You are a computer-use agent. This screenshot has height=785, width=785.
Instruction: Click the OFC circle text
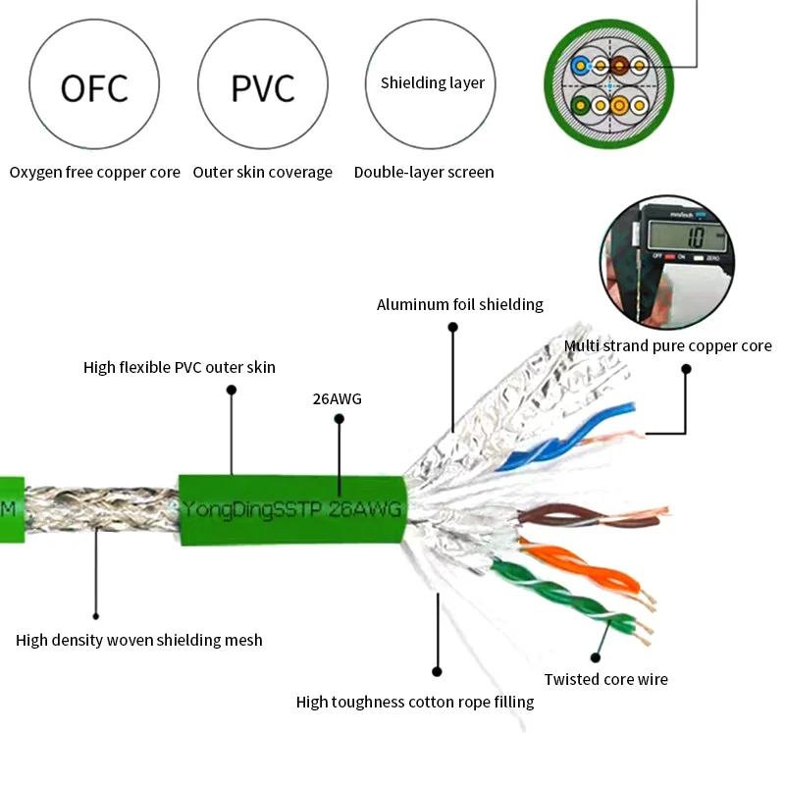tap(94, 87)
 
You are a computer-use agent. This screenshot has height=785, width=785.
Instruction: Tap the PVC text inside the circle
tap(262, 87)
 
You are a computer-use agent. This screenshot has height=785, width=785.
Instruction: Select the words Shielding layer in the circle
tap(433, 83)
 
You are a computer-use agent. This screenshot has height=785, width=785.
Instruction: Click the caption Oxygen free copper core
tap(95, 173)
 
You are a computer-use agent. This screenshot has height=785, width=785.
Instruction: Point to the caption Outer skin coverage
tap(262, 173)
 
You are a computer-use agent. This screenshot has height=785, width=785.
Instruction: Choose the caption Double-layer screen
tap(424, 173)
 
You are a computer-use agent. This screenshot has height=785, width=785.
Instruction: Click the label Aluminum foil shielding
tap(460, 305)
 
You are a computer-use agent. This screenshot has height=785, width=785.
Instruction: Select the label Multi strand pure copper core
tap(667, 346)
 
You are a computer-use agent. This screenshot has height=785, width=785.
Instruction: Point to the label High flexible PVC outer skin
tap(180, 368)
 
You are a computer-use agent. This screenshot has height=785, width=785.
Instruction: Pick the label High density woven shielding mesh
tap(139, 641)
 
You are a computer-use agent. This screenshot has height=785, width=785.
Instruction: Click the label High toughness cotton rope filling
tap(415, 702)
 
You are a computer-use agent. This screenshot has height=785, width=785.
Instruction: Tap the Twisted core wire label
tap(606, 679)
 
